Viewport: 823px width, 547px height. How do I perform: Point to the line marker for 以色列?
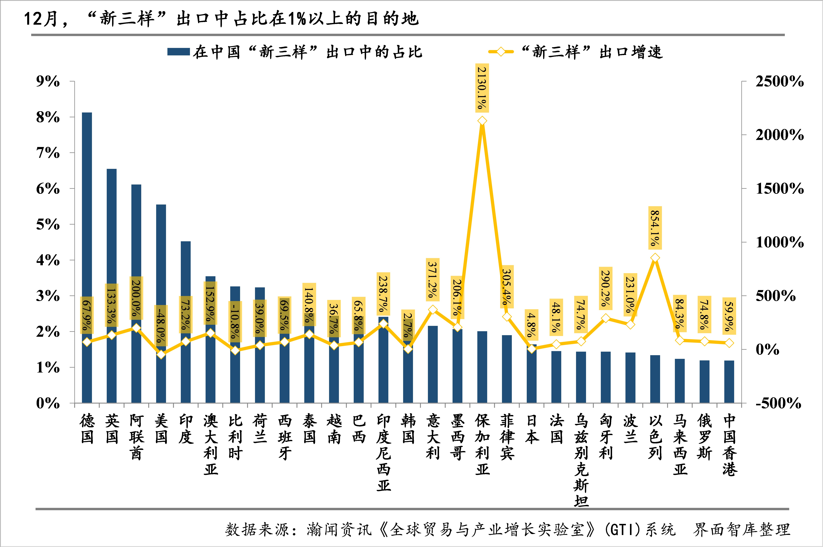(655, 258)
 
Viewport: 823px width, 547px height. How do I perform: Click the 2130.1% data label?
(482, 88)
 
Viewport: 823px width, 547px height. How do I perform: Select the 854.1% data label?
(655, 228)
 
